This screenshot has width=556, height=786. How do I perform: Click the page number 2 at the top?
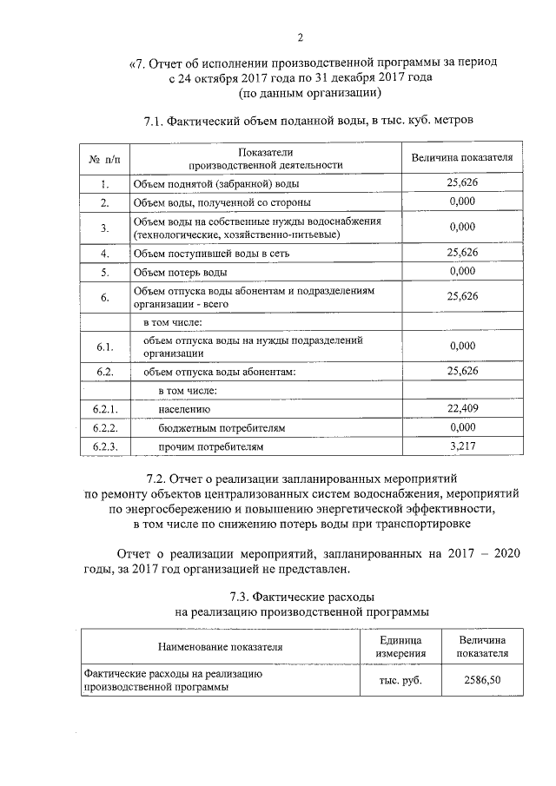300,36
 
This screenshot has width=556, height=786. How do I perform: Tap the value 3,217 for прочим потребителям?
462,446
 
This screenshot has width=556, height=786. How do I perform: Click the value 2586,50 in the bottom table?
483,680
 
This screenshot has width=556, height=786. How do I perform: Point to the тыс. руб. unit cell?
400,680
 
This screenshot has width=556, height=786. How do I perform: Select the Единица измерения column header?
400,646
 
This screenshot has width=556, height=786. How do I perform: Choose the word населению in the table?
184,408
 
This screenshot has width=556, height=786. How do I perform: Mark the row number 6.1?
104,347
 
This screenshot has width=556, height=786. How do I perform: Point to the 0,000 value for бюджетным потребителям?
462,427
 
